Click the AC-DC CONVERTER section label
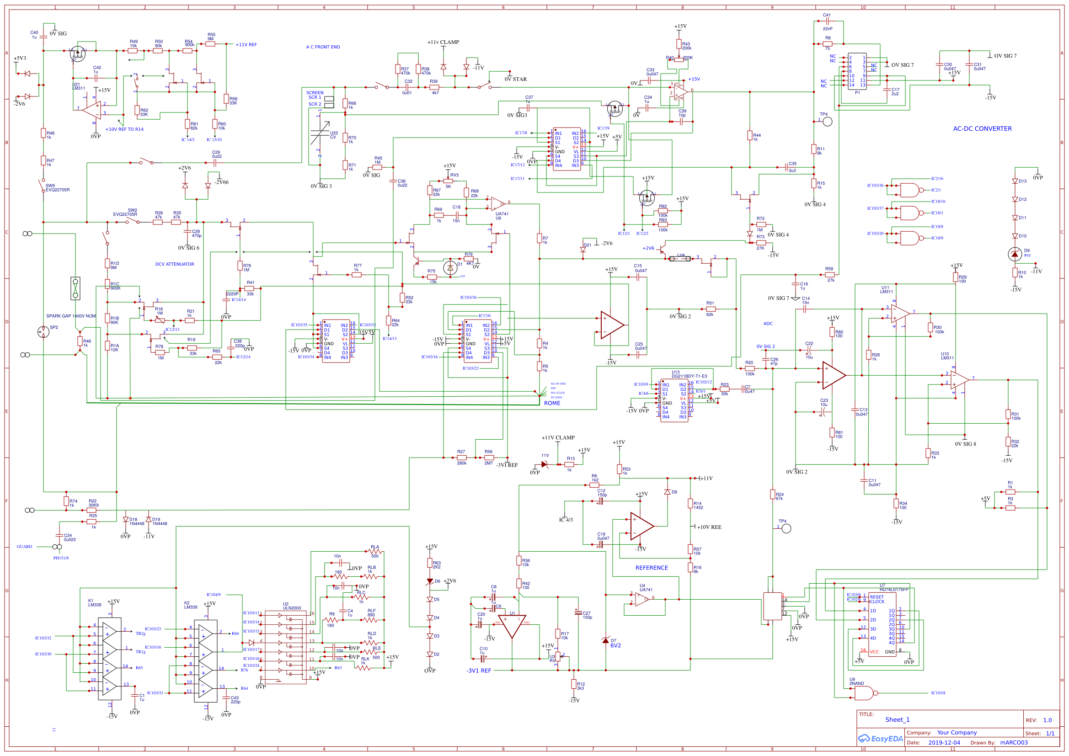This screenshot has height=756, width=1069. [982, 129]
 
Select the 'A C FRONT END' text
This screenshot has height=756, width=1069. [323, 47]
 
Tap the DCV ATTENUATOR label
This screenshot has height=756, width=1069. [175, 264]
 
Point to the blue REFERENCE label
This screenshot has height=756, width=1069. [652, 568]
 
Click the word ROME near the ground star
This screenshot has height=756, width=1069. [552, 403]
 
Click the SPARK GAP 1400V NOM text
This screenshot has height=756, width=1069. [70, 316]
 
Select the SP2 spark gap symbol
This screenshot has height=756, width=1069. [43, 332]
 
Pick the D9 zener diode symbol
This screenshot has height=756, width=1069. [1015, 254]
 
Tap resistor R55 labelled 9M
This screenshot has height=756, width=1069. [210, 44]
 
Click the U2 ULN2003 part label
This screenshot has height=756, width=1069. [292, 606]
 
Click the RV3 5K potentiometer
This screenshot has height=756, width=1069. [448, 181]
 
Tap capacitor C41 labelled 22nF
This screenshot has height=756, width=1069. [827, 21]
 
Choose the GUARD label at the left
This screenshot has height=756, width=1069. [25, 547]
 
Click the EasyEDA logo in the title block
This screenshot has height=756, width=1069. [881, 739]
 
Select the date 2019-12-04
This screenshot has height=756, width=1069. [944, 743]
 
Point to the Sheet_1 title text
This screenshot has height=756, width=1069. [897, 720]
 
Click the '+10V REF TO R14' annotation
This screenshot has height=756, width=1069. [124, 129]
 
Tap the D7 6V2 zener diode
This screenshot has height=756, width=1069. [605, 641]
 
